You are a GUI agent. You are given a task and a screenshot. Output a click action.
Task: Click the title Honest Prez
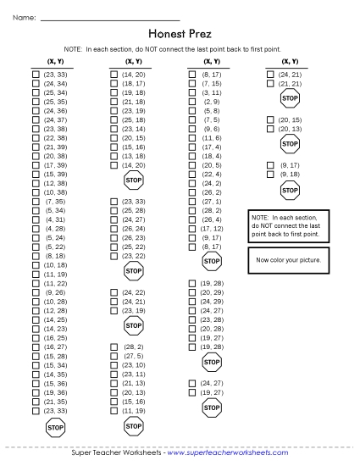(180, 35)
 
